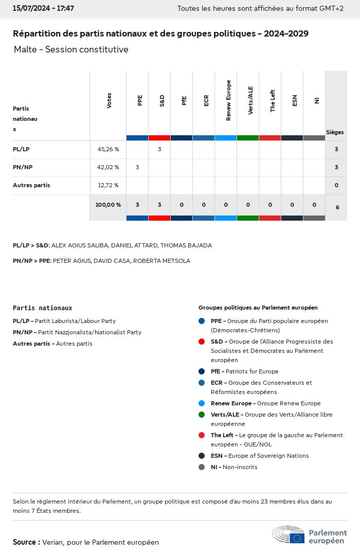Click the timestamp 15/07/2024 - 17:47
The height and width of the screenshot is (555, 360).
point(43,9)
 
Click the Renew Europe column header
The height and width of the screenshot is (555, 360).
point(228,101)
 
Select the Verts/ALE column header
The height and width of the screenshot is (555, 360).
point(250,101)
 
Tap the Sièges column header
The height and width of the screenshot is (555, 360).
point(335,132)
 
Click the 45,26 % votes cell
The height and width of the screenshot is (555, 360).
point(108,149)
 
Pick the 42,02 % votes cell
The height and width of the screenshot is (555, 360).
point(108,167)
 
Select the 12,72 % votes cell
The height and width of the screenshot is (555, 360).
point(108,185)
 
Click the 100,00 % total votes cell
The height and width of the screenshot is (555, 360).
point(108,205)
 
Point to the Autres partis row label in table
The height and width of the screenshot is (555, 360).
point(31,185)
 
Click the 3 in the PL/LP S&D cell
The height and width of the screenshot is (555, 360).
point(159,149)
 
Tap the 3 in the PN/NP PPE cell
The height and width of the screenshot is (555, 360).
point(137,167)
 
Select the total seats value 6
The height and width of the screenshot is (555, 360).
point(337,207)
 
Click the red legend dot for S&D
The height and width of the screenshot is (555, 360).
point(202,342)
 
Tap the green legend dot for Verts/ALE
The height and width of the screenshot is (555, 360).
point(202,415)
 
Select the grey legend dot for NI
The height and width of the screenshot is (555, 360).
point(202,467)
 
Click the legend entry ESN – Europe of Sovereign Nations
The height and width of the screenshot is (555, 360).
point(260,456)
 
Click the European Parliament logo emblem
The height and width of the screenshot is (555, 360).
point(289,535)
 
